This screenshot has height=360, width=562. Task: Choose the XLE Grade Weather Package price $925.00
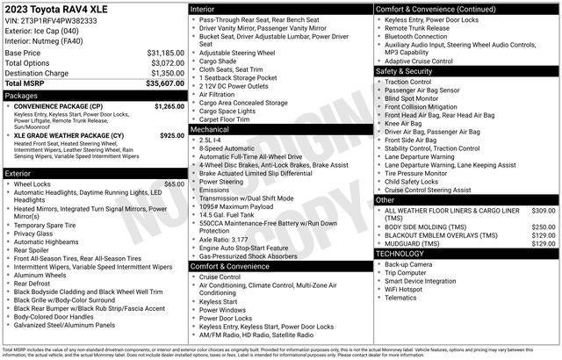click(171, 136)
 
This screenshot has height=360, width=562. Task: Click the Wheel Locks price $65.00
click(174, 184)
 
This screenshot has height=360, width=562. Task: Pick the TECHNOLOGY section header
click(400, 253)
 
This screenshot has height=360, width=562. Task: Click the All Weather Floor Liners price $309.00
click(543, 211)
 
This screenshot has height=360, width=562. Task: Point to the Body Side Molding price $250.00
click(543, 227)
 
